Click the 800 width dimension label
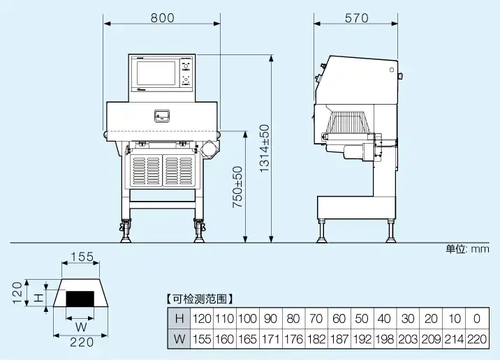163,19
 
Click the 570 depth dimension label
356,19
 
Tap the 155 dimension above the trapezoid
82,257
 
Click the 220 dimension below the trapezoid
82,342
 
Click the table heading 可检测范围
200,299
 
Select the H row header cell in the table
179,319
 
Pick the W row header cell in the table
179,339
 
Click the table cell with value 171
270,339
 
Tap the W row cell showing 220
476,339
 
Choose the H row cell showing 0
476,319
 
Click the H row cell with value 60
339,319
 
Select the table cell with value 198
384,339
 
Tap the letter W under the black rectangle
81,325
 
